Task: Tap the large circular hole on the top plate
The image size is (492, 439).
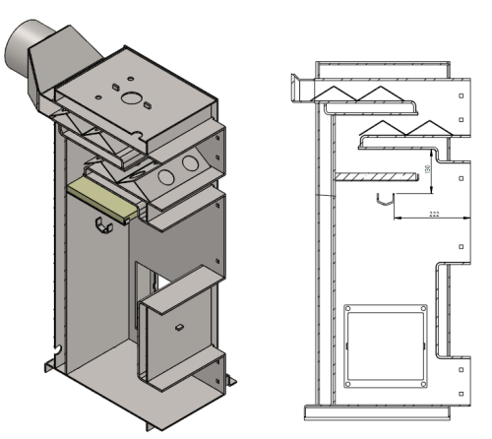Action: [131, 96]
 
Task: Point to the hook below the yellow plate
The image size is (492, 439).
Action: [101, 228]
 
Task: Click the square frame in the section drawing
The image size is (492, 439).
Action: [385, 347]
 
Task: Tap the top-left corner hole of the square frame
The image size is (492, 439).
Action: [347, 311]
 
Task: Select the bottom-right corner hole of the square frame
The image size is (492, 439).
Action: [422, 384]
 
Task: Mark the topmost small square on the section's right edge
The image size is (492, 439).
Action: [462, 96]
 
